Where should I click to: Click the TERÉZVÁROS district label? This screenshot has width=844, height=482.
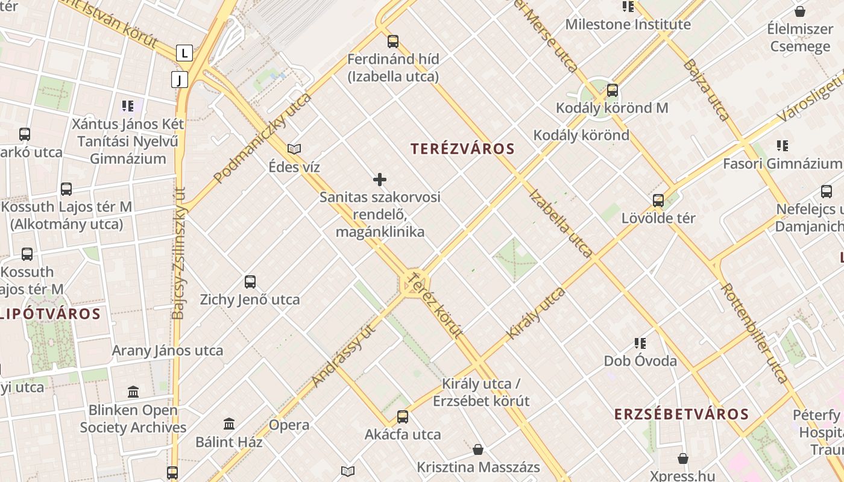462,149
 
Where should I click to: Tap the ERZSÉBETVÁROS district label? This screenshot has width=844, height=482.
681,415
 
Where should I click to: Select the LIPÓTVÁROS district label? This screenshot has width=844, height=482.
49,314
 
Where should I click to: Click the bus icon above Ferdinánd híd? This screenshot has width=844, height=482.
393,42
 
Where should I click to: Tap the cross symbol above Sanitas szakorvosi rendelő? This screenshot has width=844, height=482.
380,180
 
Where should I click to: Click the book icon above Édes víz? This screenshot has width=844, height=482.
294,149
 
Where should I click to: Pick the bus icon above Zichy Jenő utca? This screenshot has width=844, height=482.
250,281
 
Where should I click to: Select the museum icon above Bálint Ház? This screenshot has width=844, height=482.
229,424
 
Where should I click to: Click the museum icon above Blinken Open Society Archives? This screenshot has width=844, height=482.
133,392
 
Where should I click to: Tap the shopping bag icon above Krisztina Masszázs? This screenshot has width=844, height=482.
478,449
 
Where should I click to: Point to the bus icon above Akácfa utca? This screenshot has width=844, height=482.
402,416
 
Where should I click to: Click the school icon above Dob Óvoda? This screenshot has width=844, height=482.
640,343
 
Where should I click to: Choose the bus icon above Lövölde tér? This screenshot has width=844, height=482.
658,200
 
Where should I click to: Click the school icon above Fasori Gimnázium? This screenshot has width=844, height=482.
783,145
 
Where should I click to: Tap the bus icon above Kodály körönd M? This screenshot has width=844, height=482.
613,90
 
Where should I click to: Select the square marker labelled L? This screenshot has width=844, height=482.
184,53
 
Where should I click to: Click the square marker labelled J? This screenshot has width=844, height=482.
180,79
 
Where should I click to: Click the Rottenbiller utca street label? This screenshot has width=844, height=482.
754,333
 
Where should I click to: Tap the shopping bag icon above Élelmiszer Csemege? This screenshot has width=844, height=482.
800,11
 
